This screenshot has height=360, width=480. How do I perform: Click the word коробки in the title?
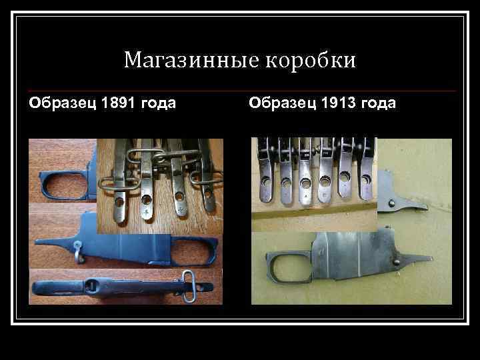click(311, 61)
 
